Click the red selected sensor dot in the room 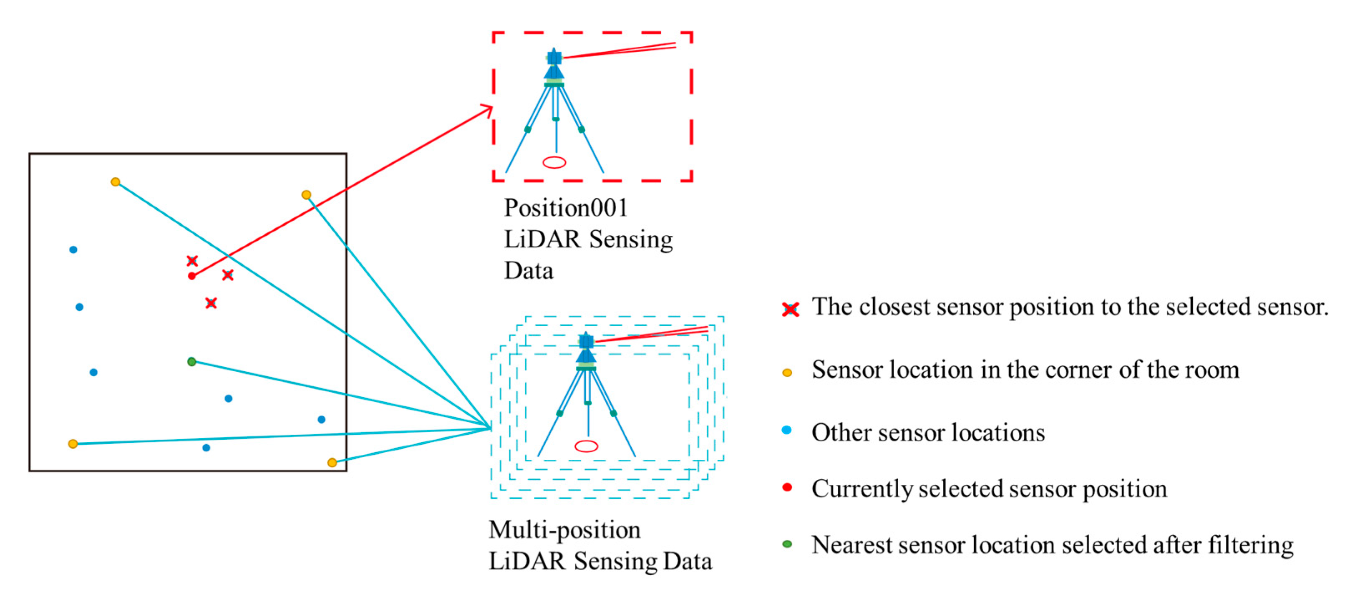pos(191,276)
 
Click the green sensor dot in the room pos(191,361)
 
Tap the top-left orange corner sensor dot pos(116,182)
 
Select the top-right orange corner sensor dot pos(307,195)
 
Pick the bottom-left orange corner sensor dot pos(73,444)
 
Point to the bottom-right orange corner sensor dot pos(332,463)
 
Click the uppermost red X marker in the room pos(192,261)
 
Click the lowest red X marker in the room pos(211,303)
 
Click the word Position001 pos(565,208)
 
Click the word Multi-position pos(564,530)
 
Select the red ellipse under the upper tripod pos(554,162)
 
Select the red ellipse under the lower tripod pos(586,446)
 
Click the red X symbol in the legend pos(791,309)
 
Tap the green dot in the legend pos(787,544)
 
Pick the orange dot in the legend pos(787,372)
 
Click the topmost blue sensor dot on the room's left pos(73,249)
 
